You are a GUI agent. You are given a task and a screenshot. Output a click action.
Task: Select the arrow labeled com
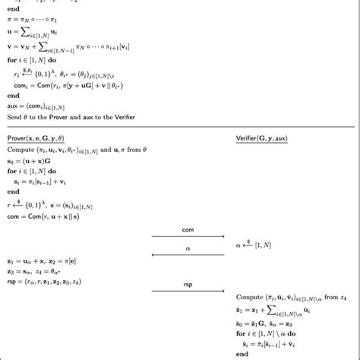pos(188,236)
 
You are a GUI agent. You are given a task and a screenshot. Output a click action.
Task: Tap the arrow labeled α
pos(188,255)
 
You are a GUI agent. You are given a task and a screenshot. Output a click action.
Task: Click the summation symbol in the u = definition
pos(33,27)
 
